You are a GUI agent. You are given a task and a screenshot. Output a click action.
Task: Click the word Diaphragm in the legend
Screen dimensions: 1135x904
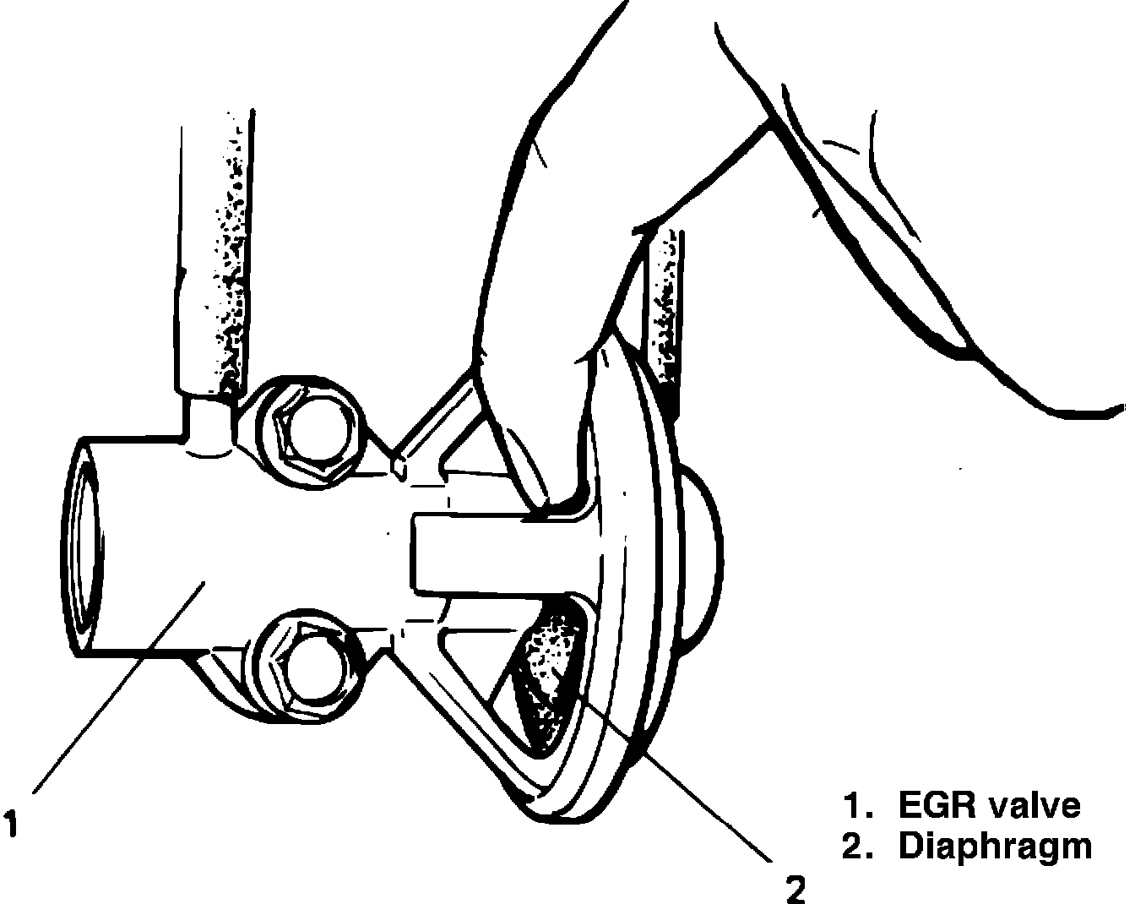pyautogui.click(x=995, y=846)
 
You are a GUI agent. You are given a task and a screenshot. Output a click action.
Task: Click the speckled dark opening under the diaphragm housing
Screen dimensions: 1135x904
pyautogui.click(x=546, y=667)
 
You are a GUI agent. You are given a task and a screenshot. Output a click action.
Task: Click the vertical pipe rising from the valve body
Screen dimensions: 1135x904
pyautogui.click(x=216, y=253)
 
